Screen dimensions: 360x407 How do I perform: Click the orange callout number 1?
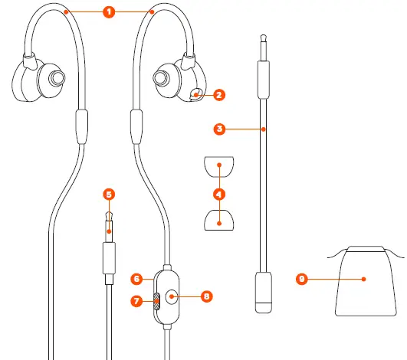109,12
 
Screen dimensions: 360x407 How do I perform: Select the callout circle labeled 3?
220,129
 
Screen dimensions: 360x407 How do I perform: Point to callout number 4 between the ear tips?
220,193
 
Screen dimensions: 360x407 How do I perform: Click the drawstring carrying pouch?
364,282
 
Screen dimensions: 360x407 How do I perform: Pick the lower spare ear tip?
219,221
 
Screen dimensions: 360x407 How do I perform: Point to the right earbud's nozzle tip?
161,78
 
